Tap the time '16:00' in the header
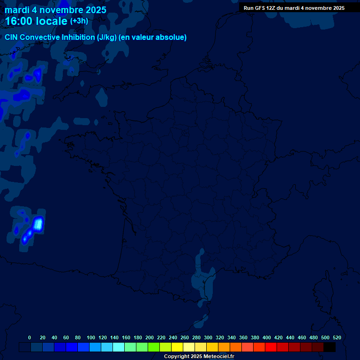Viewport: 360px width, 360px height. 20,22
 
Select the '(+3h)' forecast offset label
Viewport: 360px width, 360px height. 79,21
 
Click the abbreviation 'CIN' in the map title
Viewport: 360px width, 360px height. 12,37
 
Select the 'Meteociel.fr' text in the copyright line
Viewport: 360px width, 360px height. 218,357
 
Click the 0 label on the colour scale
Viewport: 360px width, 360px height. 30,337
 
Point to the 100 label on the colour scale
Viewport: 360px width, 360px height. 91,337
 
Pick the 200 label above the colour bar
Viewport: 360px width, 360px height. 150,337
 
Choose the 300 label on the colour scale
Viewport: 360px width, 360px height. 208,337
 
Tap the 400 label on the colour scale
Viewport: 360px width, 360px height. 267,337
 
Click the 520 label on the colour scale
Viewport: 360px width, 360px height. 337,337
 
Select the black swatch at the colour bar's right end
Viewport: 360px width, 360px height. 330,347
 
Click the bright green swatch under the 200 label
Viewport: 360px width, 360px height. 154,347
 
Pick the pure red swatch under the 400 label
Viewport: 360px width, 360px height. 271,347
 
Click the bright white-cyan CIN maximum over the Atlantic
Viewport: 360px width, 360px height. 38,223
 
